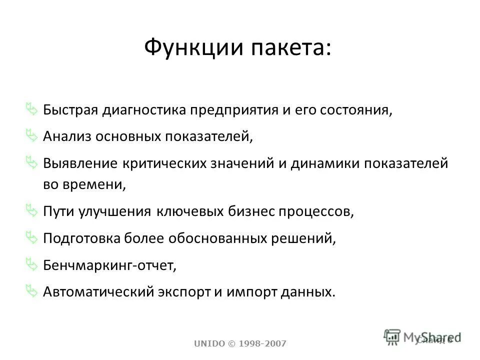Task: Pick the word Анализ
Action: coord(64,136)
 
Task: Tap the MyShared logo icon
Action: coord(393,336)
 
